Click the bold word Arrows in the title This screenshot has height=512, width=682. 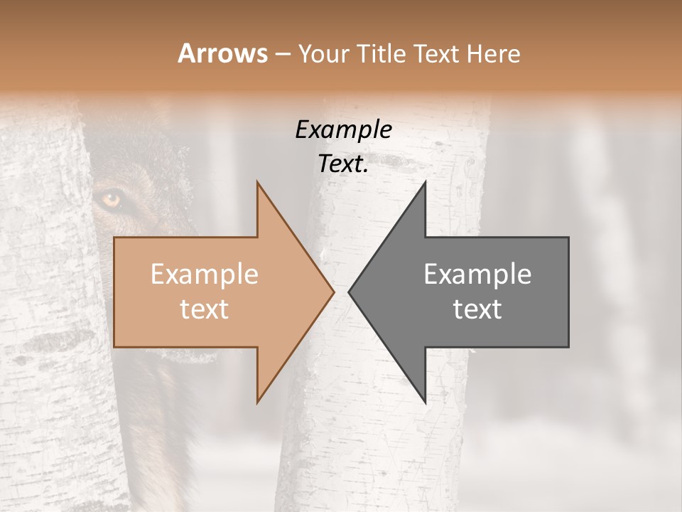click(x=223, y=53)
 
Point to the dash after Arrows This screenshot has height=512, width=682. click(x=283, y=54)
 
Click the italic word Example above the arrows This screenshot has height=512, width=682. click(x=343, y=130)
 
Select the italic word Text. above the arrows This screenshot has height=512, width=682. click(x=343, y=164)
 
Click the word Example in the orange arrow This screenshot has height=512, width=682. click(x=204, y=274)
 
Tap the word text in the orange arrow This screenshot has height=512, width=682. click(x=204, y=309)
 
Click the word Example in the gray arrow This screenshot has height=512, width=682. click(x=477, y=274)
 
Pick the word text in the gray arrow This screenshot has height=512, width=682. click(x=477, y=309)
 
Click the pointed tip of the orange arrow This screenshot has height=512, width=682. click(x=333, y=292)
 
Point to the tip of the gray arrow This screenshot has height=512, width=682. click(x=350, y=292)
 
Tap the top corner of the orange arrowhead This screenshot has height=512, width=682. click(x=257, y=182)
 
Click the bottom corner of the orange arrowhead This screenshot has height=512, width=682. click(x=257, y=402)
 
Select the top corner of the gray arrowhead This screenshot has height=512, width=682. click(x=425, y=182)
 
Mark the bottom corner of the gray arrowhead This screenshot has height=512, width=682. click(x=425, y=402)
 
